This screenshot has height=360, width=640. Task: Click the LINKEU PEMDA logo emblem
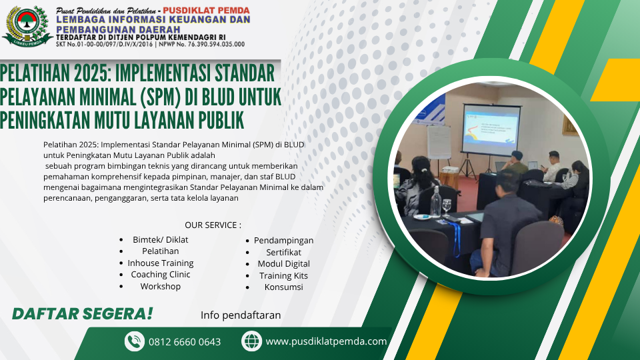(27, 26)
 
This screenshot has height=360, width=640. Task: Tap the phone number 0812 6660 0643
(185, 341)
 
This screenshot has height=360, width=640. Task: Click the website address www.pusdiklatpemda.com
(326, 341)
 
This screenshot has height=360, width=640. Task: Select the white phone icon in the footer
(134, 341)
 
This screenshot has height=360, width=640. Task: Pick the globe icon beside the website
(251, 341)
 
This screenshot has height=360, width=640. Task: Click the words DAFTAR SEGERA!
(83, 314)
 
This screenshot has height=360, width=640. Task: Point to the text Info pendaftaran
(241, 315)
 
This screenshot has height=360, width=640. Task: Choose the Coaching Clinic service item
(161, 275)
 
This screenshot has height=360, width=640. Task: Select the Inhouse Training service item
(161, 263)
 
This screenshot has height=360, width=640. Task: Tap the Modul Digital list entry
(284, 264)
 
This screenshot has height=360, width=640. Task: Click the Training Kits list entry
(284, 276)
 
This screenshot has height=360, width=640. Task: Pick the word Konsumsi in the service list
(284, 287)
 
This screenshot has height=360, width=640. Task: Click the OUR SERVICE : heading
(213, 225)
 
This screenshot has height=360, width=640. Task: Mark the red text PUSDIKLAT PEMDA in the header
(206, 10)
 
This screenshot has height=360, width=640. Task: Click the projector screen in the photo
(491, 129)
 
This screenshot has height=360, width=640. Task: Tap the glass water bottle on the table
(436, 201)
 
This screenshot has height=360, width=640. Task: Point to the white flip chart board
(439, 142)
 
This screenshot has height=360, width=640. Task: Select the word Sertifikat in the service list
(284, 252)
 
